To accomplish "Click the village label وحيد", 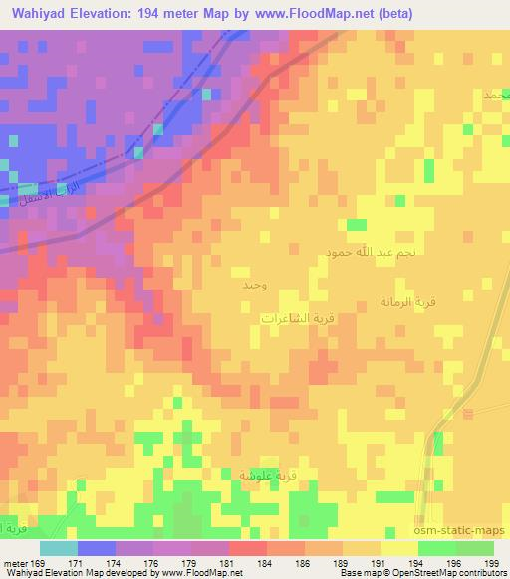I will (253, 286).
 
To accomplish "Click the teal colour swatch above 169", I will (58, 548).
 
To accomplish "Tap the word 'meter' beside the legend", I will (15, 563).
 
